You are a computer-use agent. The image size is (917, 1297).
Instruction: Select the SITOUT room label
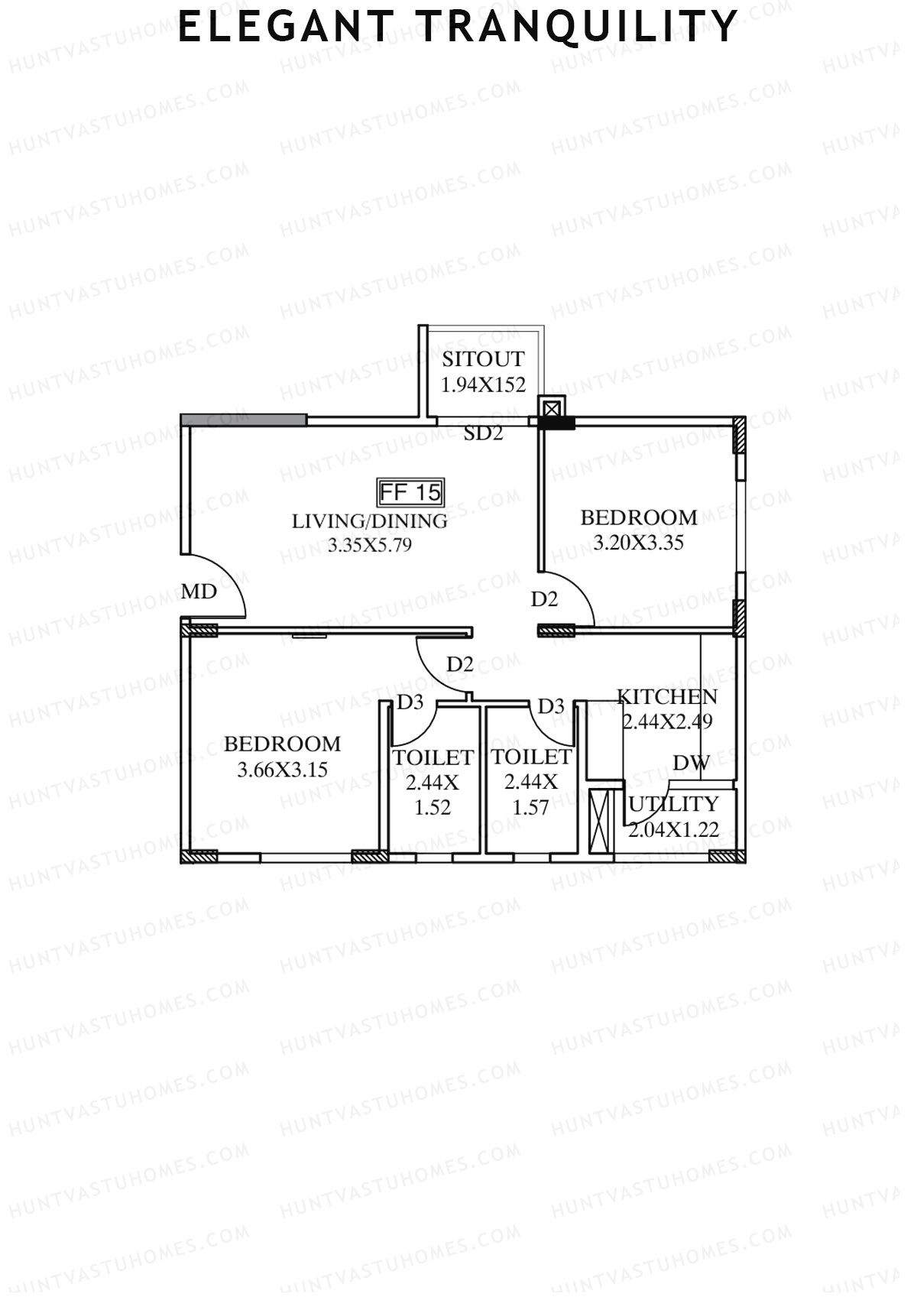[x=483, y=359]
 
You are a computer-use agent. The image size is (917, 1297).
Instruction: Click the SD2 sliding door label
[x=484, y=433]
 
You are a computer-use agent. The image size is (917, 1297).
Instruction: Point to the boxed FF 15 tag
[x=411, y=492]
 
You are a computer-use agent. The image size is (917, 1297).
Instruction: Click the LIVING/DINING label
[x=370, y=521]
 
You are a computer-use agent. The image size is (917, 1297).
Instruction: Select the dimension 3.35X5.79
[x=370, y=546]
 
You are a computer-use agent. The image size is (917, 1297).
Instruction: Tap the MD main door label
[x=199, y=592]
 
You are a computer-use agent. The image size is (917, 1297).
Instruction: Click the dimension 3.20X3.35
[x=639, y=543]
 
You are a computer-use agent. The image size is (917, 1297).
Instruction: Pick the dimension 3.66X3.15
[x=282, y=770]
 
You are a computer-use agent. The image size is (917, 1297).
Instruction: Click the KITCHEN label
[x=667, y=697]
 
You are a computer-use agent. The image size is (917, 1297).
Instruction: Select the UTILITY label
[x=674, y=804]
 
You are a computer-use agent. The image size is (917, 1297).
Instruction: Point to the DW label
[x=691, y=763]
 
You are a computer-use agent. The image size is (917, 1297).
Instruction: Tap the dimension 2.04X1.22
[x=674, y=829]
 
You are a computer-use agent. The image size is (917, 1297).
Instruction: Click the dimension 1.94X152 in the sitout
[x=483, y=384]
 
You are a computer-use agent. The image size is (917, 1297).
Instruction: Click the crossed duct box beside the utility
[x=602, y=822]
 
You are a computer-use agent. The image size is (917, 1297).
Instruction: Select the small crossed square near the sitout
[x=552, y=406]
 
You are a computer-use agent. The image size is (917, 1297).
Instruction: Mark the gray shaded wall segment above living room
[x=244, y=420]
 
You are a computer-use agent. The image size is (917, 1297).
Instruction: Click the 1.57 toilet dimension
[x=530, y=808]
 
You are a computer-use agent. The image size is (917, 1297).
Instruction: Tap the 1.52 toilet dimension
[x=433, y=808]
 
